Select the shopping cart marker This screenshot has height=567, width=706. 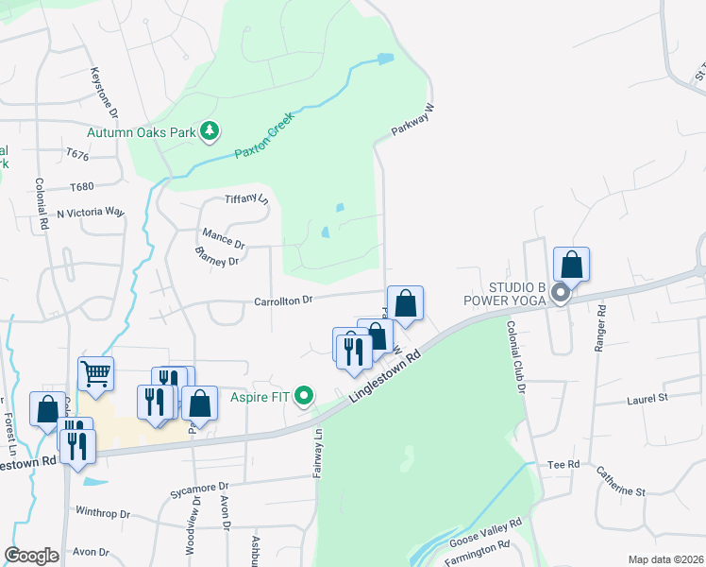coord(95,374)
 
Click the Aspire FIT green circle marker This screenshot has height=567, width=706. coord(304,396)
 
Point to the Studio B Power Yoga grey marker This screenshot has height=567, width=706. coord(560,293)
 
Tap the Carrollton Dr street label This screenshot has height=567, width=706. coord(283,301)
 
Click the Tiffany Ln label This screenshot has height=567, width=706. coord(246,199)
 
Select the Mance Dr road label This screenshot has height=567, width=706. coord(223,236)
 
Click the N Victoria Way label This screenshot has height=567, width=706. coord(91,213)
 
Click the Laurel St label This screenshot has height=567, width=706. coord(647,400)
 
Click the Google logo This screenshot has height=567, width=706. coord(31,556)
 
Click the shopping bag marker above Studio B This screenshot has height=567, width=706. coord(571,264)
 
